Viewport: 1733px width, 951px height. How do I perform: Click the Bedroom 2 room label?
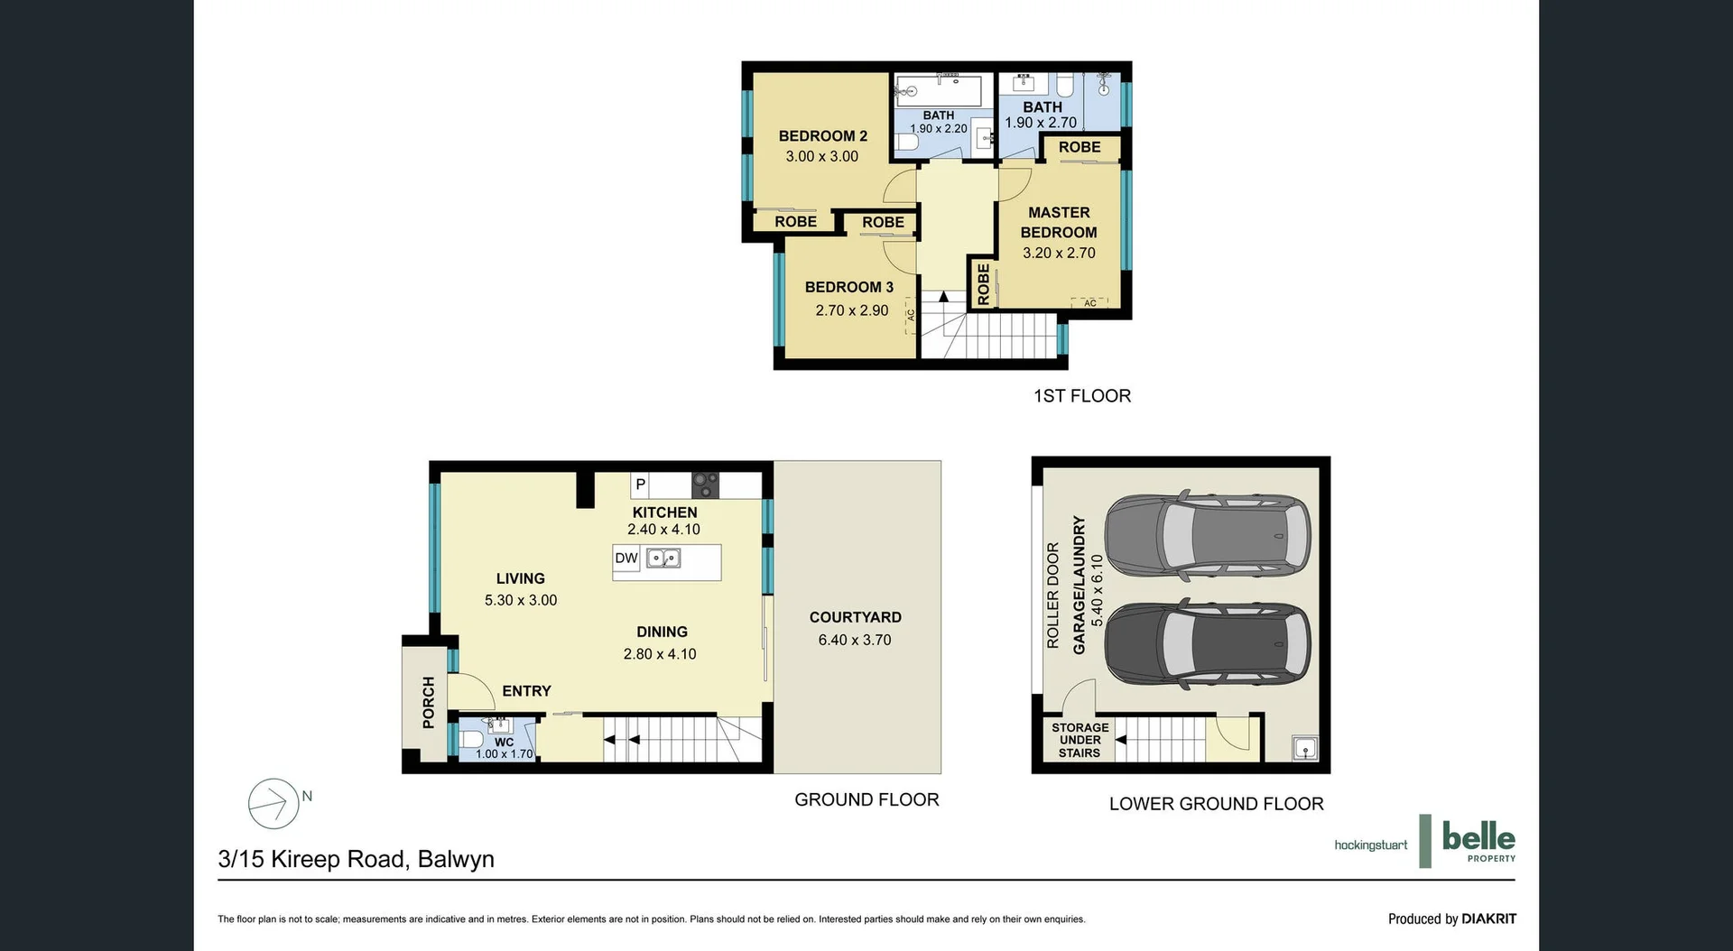pos(822,136)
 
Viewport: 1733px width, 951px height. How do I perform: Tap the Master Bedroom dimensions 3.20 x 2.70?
pos(1059,254)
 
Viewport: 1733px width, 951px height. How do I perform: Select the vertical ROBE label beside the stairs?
pos(984,284)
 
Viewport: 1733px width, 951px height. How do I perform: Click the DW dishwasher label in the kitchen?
pos(626,559)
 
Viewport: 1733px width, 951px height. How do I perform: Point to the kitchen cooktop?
pos(705,485)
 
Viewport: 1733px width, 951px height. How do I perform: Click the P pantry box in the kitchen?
pos(641,485)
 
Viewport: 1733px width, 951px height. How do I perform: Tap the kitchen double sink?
pos(663,559)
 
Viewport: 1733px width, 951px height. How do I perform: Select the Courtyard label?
pos(855,618)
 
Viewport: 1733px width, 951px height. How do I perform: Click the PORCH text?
pos(429,702)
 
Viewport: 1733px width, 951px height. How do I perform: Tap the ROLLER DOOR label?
pos(1052,596)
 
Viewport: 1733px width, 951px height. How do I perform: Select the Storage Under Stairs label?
pos(1080,740)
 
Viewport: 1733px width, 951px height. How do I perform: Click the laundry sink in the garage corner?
pos(1304,748)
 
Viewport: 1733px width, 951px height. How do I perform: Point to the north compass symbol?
pos(274,803)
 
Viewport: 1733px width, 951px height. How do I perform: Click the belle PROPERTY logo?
pos(1477,841)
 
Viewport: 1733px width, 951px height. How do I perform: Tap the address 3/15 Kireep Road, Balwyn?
pos(356,859)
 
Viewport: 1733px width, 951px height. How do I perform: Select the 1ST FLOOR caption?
pos(1081,396)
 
